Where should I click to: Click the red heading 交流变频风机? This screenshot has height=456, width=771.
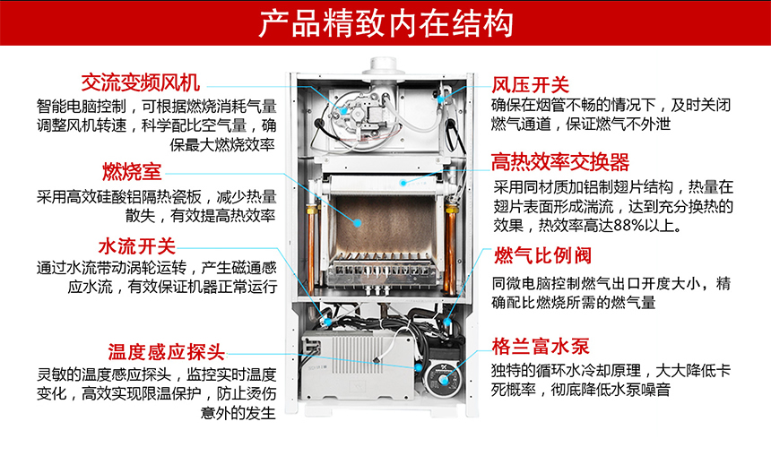(x=140, y=83)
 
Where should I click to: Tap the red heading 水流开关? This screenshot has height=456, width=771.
(x=136, y=245)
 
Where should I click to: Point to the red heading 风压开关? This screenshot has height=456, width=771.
(x=531, y=85)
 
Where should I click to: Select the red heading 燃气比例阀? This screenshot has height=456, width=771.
(x=541, y=256)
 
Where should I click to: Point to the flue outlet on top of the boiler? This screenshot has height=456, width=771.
(x=386, y=67)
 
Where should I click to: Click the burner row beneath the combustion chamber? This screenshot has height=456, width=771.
(x=381, y=267)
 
